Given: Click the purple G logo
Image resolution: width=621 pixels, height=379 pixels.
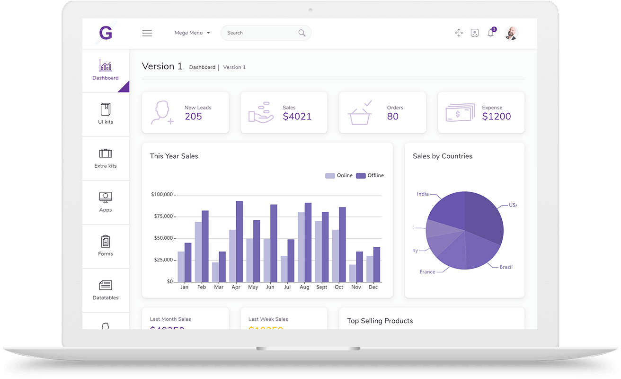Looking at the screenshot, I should (106, 33).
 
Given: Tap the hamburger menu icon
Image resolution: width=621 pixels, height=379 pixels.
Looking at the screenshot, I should (147, 33).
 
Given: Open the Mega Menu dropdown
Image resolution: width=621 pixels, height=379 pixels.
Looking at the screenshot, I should (192, 33).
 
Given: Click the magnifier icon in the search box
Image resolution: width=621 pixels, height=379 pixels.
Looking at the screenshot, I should (302, 33).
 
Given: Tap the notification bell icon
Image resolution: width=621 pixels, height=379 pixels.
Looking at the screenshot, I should (490, 33).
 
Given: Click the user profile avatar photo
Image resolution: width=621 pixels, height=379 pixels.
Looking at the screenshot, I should (511, 33).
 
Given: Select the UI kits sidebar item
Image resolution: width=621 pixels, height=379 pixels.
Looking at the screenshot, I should (106, 114).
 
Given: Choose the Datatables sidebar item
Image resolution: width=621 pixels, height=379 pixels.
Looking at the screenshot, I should (106, 290).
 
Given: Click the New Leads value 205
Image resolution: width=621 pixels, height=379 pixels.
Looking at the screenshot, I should (193, 117).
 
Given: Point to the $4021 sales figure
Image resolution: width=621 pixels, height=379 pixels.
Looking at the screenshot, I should (297, 117).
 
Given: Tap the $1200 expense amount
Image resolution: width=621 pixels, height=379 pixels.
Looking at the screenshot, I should (496, 117).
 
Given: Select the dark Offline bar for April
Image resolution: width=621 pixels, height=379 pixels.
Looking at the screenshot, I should (240, 242).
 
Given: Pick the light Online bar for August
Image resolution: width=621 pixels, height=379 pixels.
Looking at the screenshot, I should (301, 247).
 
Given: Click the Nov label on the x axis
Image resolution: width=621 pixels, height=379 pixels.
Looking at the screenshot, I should (356, 287).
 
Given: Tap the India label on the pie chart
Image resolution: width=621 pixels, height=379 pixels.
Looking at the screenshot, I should (423, 194).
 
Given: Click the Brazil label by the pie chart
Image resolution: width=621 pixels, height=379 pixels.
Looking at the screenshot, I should (506, 267).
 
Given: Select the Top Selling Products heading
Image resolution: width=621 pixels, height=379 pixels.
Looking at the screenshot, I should (380, 321).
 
